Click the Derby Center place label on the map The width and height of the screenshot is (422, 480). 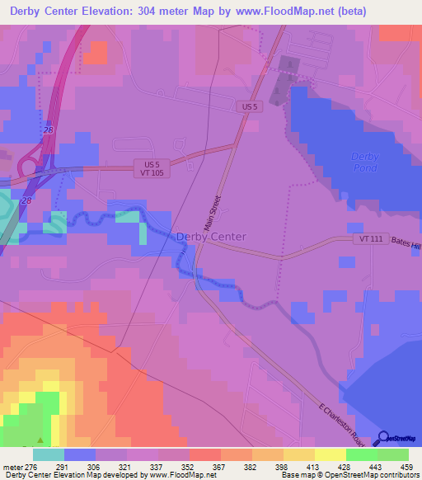point(211,237)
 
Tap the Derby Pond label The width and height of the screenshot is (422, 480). point(364,162)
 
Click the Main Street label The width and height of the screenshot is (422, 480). point(217,211)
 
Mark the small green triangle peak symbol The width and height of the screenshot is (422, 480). point(40,440)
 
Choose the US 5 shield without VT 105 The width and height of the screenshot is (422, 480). point(250,106)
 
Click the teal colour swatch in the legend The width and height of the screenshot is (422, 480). point(48,454)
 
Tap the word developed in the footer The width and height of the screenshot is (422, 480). point(121,475)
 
